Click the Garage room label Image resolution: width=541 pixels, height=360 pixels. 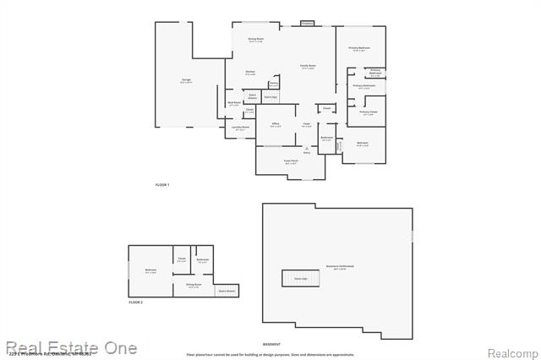(186, 80)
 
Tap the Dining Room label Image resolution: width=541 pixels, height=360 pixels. (255, 40)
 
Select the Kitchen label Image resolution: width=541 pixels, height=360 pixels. (250, 72)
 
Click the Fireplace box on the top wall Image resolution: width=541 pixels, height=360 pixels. (308, 24)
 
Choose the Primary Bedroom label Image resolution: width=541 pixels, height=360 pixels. (360, 48)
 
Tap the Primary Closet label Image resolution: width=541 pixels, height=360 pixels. (368, 112)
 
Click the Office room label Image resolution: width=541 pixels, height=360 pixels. (276, 124)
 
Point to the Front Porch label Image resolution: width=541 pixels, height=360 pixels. (292, 162)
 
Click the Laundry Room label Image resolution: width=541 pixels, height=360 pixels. (240, 128)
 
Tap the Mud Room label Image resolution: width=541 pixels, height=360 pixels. (234, 104)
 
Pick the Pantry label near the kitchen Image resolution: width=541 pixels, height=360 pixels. (274, 83)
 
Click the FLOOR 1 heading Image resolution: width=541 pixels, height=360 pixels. (162, 184)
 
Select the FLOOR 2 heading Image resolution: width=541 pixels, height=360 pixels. (136, 302)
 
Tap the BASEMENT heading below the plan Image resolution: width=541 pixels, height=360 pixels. (271, 345)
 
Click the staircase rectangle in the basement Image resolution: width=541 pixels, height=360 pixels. (300, 277)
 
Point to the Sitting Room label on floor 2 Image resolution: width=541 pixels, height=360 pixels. (194, 286)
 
